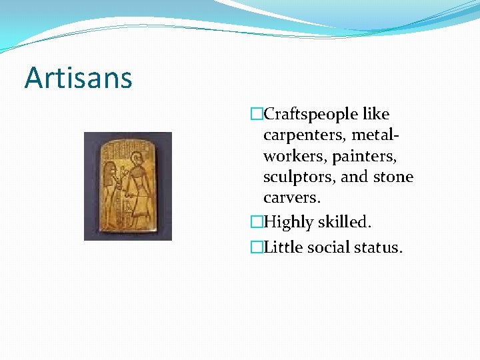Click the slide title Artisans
tap(79, 79)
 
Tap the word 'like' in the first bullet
tap(375, 115)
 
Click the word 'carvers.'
tap(292, 198)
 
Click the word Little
tap(283, 247)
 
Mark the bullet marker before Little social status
tap(257, 247)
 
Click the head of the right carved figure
tap(137, 159)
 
